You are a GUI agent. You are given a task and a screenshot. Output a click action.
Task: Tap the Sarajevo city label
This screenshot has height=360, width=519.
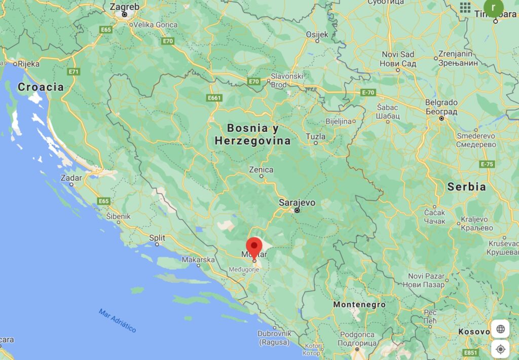[297, 203]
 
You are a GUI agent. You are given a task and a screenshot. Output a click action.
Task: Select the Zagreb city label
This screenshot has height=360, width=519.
[124, 7]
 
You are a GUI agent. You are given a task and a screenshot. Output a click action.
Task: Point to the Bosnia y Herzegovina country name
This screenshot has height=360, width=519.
[252, 134]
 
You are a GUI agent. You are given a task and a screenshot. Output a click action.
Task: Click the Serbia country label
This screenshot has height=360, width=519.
[466, 187]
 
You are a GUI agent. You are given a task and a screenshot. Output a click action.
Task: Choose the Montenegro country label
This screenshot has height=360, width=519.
[359, 305]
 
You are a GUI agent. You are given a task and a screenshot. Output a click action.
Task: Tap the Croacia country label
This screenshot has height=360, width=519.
[41, 87]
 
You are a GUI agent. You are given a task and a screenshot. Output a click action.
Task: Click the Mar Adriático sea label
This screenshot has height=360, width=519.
[118, 320]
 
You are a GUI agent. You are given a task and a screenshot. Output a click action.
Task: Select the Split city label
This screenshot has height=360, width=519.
[157, 237]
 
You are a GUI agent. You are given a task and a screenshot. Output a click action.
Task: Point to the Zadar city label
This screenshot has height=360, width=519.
[70, 178]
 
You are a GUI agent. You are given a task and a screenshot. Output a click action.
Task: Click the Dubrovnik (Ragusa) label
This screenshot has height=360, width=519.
[274, 338]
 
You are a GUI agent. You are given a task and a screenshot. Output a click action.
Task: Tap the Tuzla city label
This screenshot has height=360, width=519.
[316, 137]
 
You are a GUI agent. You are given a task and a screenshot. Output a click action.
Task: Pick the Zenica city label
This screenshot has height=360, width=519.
[261, 170]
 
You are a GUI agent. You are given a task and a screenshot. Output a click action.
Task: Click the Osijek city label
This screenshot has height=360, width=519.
[317, 34]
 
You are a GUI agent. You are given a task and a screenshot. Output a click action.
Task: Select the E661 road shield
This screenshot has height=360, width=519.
[215, 97]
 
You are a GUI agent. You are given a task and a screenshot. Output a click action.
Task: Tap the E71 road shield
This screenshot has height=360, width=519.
[75, 71]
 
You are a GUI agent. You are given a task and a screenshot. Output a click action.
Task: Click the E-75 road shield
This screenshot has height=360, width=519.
[487, 164]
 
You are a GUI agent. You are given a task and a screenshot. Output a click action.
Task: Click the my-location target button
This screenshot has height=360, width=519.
[501, 349]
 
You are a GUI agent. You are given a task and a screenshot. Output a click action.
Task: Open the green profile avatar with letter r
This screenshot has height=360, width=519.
[493, 8]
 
